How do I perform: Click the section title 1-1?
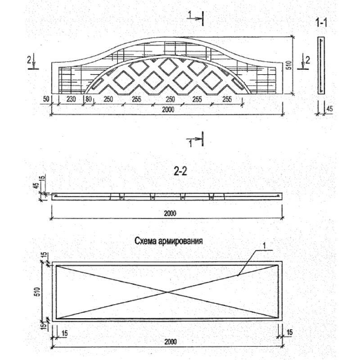tap(321, 22)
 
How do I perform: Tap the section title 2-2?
tap(180, 171)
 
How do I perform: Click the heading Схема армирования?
tap(169, 241)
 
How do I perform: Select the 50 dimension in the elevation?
tap(46, 99)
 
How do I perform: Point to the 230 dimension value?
tap(71, 99)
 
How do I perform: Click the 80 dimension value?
tap(89, 99)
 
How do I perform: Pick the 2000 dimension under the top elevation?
tap(168, 109)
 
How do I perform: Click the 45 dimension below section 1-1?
tap(329, 108)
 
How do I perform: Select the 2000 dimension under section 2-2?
tap(170, 213)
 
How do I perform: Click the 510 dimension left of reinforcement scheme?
tap(37, 292)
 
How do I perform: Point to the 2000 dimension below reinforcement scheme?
tap(171, 342)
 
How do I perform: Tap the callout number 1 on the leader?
tap(264, 246)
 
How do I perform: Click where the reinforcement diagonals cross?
tap(167, 292)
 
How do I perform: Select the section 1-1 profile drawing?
tap(321, 65)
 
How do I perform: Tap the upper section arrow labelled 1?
tap(195, 18)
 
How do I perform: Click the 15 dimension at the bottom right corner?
tap(290, 332)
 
